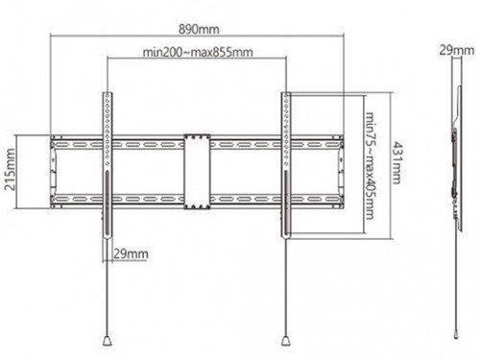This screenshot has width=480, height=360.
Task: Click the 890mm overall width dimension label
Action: point(199,30)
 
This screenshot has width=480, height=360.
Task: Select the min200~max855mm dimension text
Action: point(198,52)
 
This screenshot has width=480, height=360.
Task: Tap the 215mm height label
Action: point(11,169)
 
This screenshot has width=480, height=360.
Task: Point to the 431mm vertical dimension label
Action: point(396,163)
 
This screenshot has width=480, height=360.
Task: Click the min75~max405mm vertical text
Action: point(370,165)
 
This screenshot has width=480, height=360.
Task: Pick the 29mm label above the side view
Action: point(457,50)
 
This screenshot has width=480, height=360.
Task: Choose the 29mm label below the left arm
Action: point(131,253)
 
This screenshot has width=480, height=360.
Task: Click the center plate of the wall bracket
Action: point(197,172)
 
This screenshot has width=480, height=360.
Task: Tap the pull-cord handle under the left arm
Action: point(108,340)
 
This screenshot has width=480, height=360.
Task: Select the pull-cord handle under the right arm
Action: point(286,340)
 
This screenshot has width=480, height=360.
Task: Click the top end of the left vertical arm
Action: point(108,93)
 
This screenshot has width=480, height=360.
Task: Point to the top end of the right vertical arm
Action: point(286,93)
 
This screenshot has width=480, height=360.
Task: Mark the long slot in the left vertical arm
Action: point(108,203)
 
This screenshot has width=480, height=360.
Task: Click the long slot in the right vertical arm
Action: point(286,203)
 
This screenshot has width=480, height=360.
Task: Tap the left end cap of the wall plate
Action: point(53,172)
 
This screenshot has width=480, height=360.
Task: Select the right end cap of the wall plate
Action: point(341,172)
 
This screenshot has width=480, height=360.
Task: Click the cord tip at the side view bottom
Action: point(456,334)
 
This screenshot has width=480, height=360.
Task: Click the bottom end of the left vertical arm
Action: point(108,236)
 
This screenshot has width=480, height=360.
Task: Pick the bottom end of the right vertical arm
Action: point(286,236)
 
